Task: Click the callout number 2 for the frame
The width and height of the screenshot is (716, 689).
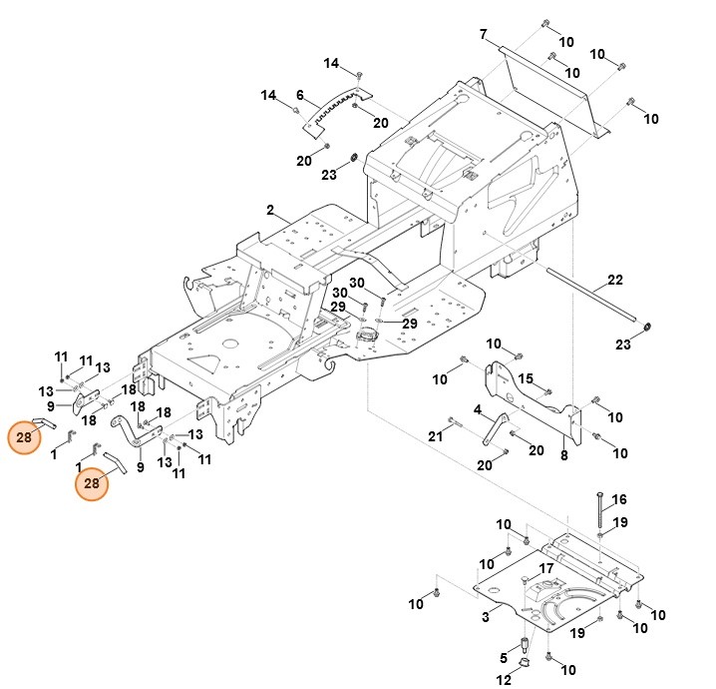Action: click(x=269, y=210)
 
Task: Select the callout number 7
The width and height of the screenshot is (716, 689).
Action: click(x=483, y=35)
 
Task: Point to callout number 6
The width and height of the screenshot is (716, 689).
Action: click(x=299, y=95)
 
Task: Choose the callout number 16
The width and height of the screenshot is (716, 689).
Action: click(x=619, y=499)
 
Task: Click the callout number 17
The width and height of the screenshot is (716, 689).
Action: click(x=545, y=568)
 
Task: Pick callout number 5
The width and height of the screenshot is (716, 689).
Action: click(x=505, y=657)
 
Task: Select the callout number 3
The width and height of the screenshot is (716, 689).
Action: click(x=486, y=618)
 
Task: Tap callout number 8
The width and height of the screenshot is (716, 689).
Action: click(x=563, y=455)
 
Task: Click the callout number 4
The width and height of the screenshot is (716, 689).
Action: click(x=478, y=409)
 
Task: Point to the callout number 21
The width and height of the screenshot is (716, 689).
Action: click(x=435, y=436)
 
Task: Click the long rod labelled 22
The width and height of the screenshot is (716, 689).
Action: click(x=588, y=294)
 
